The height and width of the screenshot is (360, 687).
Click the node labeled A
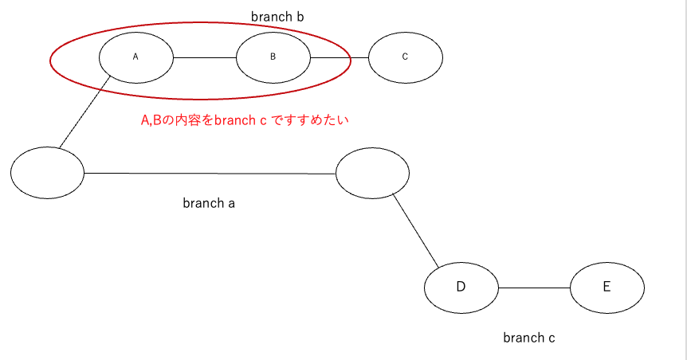(135, 57)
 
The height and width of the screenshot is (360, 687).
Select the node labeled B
(273, 57)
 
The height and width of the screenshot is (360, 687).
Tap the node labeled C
(405, 57)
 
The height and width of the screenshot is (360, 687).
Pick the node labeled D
(461, 287)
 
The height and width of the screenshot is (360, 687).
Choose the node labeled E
(607, 287)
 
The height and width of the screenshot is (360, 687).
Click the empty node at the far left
(47, 172)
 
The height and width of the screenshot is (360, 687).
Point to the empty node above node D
(372, 173)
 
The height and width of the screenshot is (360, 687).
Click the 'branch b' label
(277, 17)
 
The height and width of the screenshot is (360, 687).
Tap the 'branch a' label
(209, 203)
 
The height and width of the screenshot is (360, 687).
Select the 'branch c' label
(528, 338)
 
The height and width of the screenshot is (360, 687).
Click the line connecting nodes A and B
(205, 57)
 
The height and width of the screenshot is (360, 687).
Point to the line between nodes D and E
(534, 287)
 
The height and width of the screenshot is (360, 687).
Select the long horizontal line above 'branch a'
(210, 173)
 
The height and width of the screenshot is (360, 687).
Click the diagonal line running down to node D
(416, 231)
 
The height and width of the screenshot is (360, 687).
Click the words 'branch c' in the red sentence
(240, 121)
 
